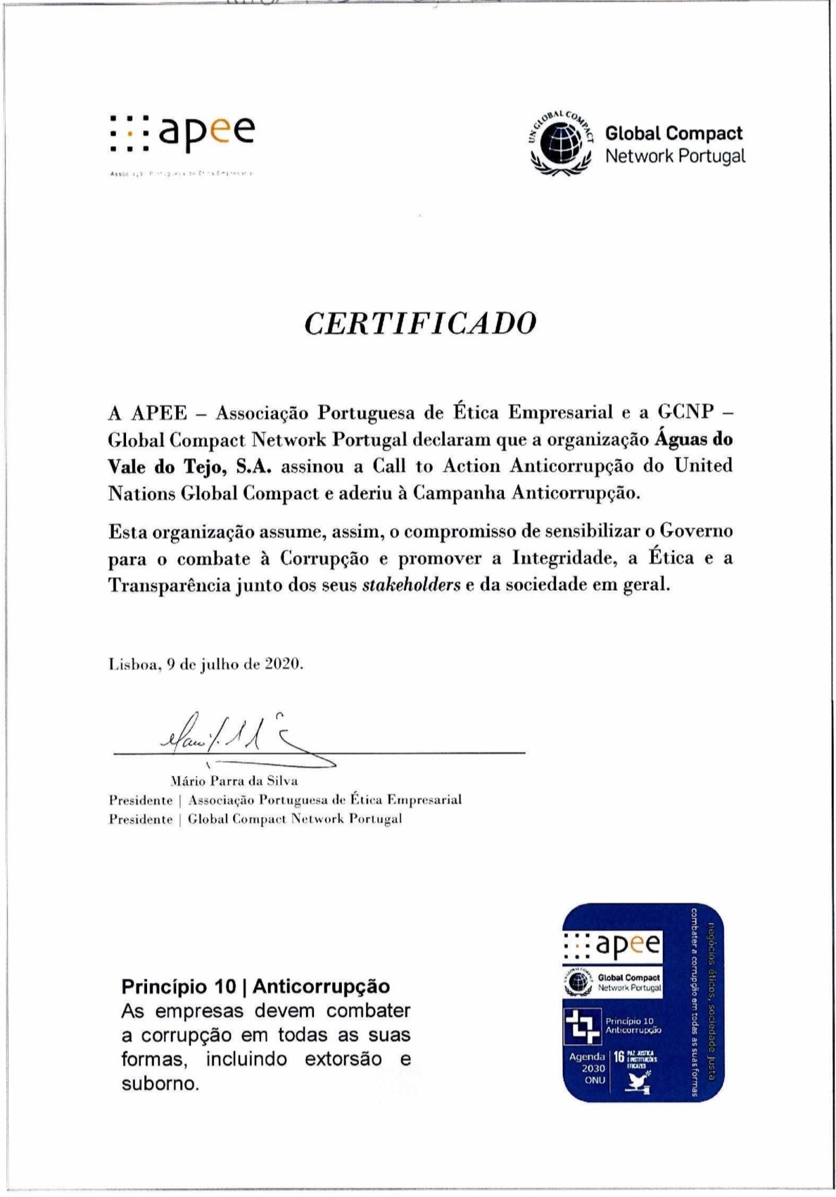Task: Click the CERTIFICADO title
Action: [x=420, y=323]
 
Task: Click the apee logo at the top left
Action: [x=182, y=133]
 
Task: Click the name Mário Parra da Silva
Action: [x=234, y=780]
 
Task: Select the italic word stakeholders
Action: [x=411, y=585]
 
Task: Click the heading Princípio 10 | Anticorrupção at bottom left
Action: [x=255, y=986]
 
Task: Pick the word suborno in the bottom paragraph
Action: [x=160, y=1083]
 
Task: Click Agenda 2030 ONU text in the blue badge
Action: [x=587, y=1067]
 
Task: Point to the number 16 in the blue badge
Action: [x=619, y=1056]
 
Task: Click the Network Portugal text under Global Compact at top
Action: [x=674, y=156]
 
